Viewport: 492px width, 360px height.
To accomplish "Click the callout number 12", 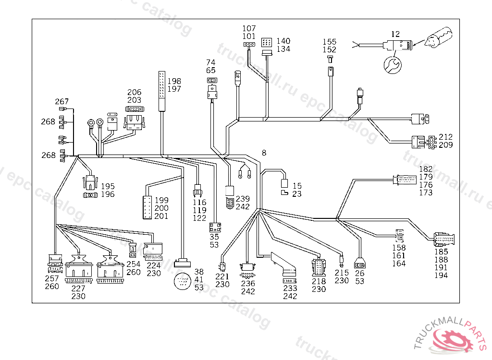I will coord(395,34).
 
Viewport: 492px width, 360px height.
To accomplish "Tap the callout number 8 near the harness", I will coord(263,153).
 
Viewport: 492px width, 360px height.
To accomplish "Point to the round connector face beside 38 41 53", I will coord(183,281).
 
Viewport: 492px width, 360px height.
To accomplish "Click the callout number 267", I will coord(61,101).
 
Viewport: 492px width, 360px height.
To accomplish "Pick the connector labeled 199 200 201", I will coord(147,207).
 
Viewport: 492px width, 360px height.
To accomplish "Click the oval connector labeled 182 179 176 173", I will coord(406,180).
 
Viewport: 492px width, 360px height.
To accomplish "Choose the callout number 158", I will coord(398,248).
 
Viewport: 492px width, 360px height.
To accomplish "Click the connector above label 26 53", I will coord(360,264).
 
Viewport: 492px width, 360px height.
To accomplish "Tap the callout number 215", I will coord(342,273).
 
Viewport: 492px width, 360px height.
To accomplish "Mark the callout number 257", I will coord(52,278).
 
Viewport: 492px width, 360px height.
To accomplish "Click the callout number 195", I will coord(108,186).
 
